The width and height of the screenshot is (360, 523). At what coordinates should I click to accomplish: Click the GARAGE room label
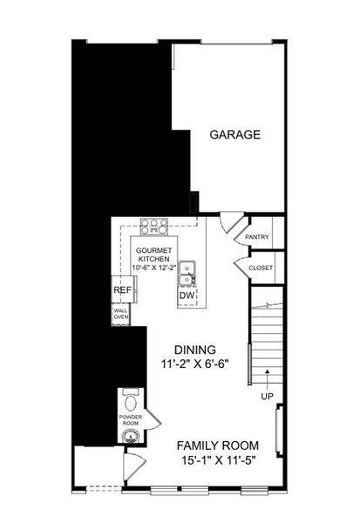pyautogui.click(x=235, y=135)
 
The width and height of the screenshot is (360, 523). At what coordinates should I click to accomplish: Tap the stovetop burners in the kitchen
pyautogui.click(x=154, y=226)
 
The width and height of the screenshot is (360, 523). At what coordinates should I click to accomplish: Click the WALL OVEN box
pyautogui.click(x=120, y=314)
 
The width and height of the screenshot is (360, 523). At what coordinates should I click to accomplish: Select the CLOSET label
pyautogui.click(x=260, y=268)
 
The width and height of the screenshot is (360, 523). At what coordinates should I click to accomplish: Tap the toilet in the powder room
pyautogui.click(x=131, y=402)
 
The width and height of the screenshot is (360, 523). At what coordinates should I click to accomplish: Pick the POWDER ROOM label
pyautogui.click(x=129, y=418)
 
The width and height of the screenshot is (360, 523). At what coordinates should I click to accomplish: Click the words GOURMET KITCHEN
pyautogui.click(x=153, y=254)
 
